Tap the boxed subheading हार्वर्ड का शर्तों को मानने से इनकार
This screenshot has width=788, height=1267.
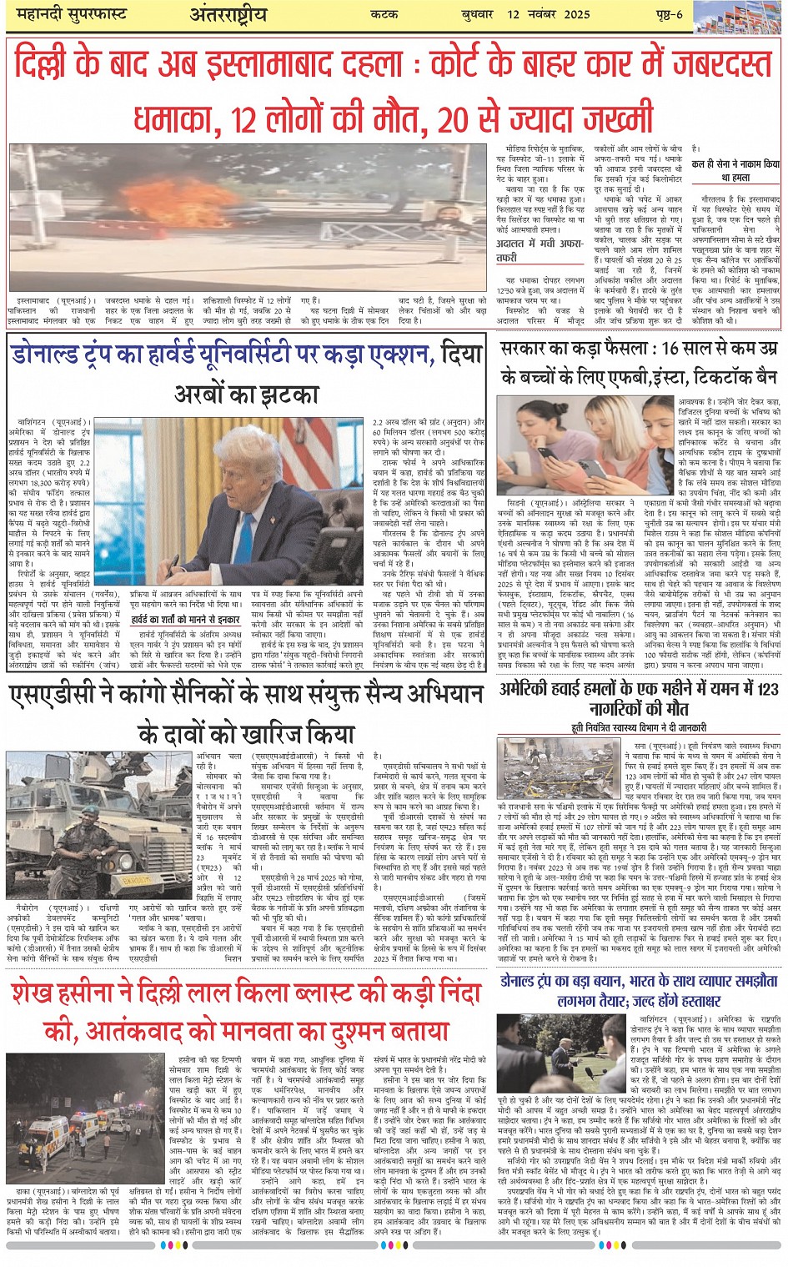[185, 621]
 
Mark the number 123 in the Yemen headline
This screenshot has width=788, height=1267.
[765, 690]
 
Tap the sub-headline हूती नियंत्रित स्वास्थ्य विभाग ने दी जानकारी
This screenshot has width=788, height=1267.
[639, 727]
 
